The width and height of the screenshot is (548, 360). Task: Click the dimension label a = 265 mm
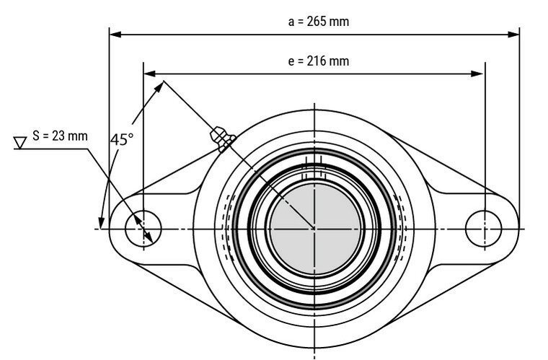pyautogui.click(x=318, y=21)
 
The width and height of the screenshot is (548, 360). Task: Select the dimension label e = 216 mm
pyautogui.click(x=318, y=61)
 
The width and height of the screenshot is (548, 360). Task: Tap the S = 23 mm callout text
pyautogui.click(x=60, y=135)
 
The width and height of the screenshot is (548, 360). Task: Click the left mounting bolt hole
pyautogui.click(x=143, y=229)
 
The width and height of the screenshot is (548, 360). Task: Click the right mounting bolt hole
pyautogui.click(x=484, y=229)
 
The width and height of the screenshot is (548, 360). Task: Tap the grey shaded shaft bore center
pyautogui.click(x=314, y=229)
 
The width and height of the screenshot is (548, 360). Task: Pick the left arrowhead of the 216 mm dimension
pyautogui.click(x=149, y=73)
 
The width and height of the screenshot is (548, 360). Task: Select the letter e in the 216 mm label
pyautogui.click(x=291, y=61)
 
